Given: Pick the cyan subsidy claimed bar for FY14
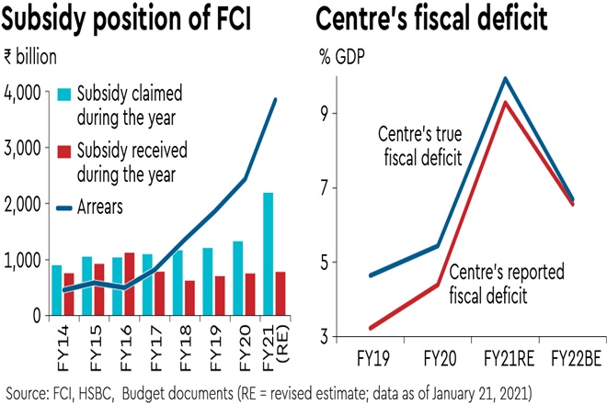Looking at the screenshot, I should click(57, 290).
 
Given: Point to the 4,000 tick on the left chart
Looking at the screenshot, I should click(22, 92).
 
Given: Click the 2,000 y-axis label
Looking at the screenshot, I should click(22, 204).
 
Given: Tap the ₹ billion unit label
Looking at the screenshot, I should click(30, 57).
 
